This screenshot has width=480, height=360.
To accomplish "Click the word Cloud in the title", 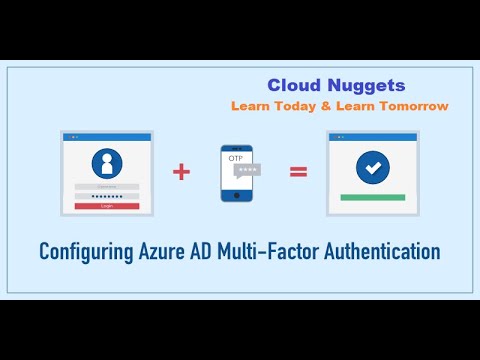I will pos(292,86).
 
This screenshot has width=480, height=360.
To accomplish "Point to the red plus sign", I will pos(181,172).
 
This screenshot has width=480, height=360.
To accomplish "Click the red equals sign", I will pos(297,172).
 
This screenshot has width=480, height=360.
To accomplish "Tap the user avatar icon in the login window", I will pos(105,163).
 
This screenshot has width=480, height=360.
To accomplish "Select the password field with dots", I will pos(106,196).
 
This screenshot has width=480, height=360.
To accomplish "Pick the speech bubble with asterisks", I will pos(246,171).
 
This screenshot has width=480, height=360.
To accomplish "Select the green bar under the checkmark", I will pos(373,197).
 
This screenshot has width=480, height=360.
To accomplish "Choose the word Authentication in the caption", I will pos(384,250).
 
